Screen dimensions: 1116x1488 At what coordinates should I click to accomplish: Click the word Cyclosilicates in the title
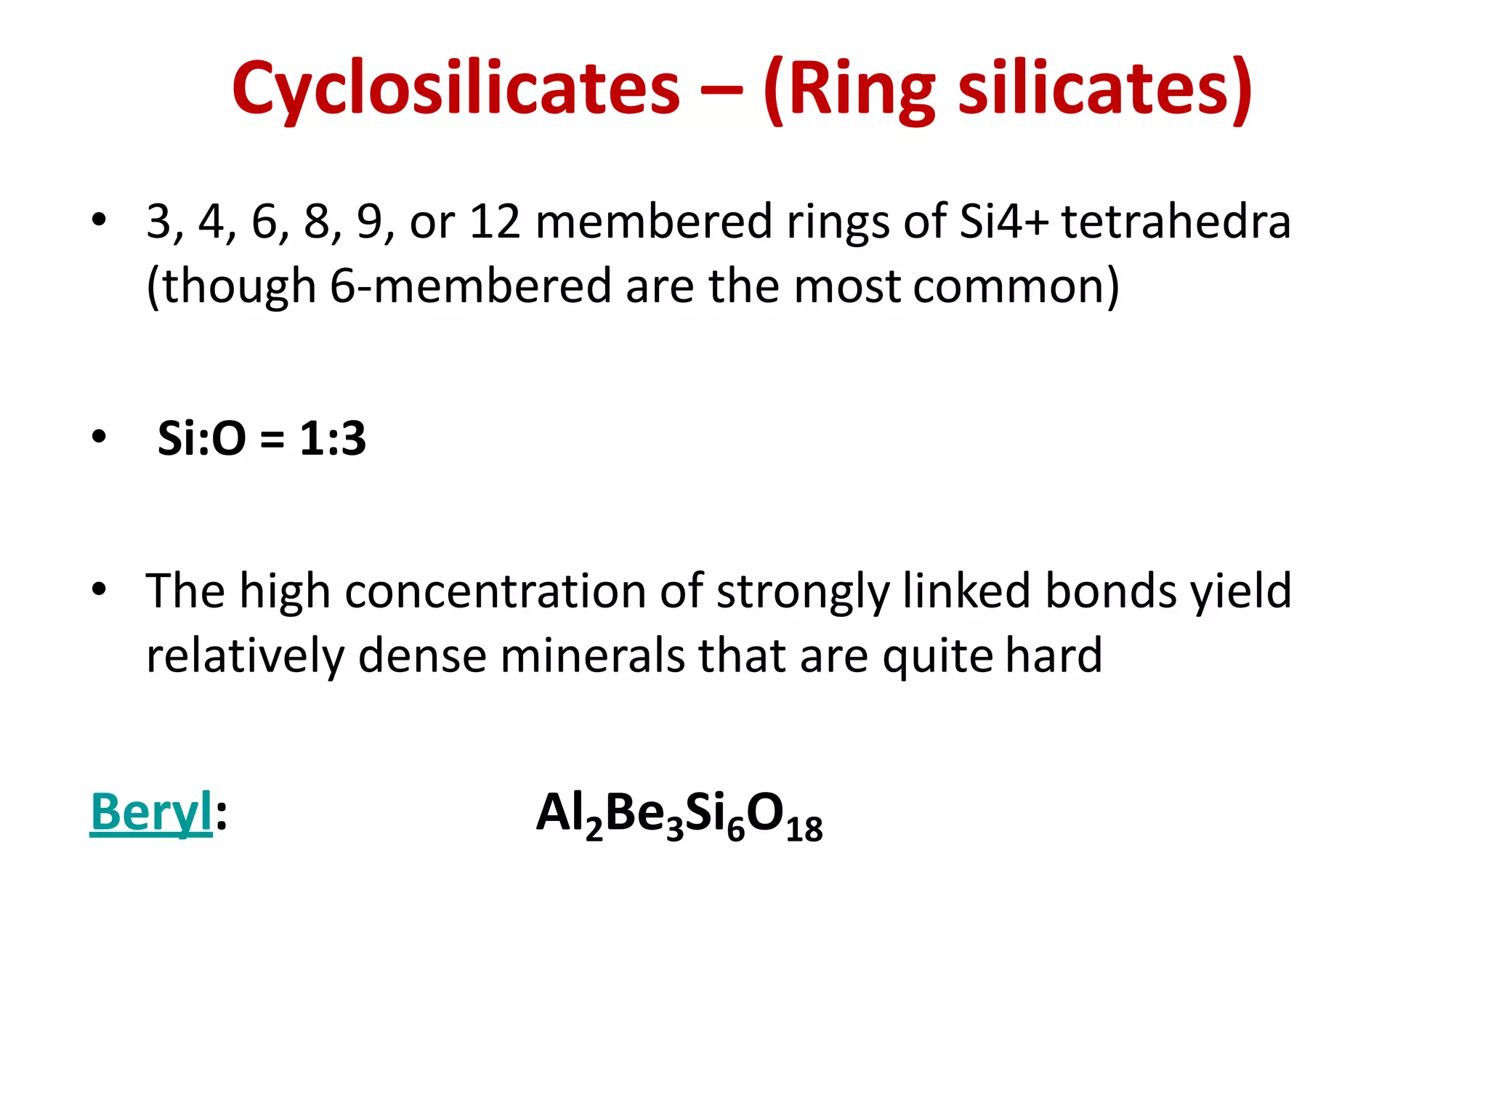point(456,89)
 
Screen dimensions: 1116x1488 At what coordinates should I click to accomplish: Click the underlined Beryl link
point(151,812)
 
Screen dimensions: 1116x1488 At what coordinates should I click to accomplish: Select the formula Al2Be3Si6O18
point(679,814)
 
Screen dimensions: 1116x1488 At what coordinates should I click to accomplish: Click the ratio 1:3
point(333,438)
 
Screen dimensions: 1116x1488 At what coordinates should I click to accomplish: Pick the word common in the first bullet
point(1016,286)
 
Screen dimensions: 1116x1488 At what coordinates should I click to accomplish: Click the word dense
point(421,655)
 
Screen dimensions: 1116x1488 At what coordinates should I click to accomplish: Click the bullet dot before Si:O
point(99,437)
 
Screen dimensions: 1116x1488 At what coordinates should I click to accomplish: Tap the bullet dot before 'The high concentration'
point(99,589)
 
